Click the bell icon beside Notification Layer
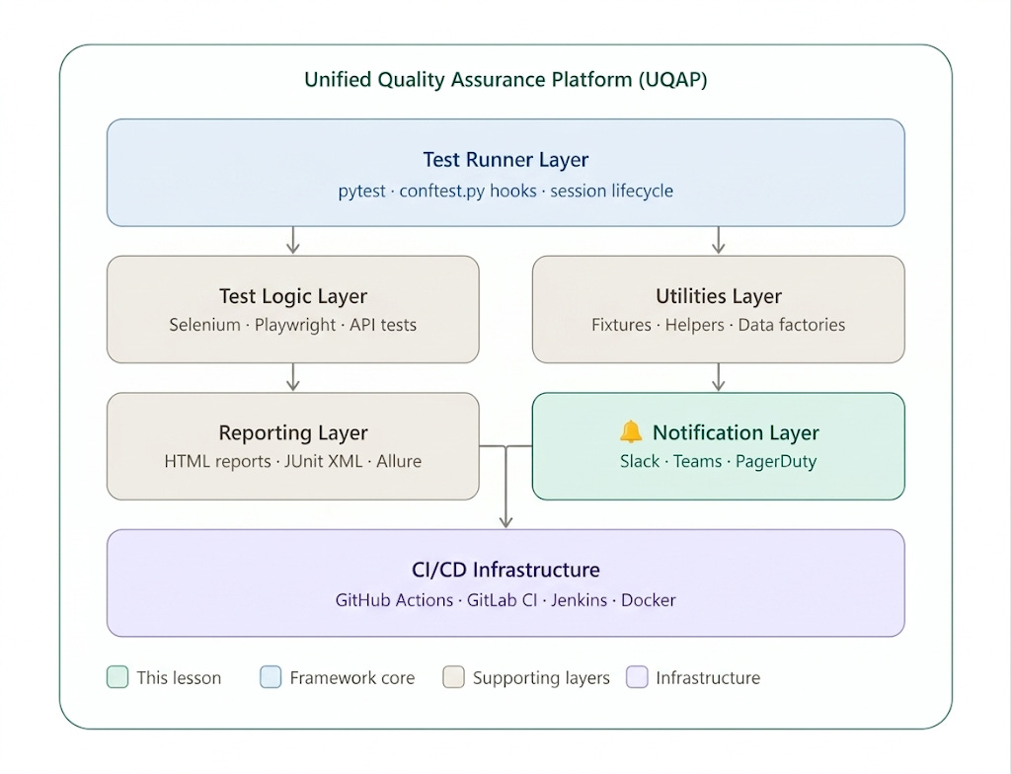coord(631,431)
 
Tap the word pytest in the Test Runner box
coord(361,191)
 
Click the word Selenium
coord(204,325)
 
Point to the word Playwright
coord(294,325)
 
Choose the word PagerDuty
coord(776,461)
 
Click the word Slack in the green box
coord(640,461)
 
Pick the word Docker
coord(648,600)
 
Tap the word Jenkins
coord(579,600)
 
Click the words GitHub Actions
coord(394,600)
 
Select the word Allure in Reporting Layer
coord(399,461)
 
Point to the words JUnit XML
coord(323,461)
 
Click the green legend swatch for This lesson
coord(117,677)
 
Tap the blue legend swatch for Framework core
coord(271,677)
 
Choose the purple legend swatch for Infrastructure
coord(637,677)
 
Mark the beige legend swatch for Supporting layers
coord(454,677)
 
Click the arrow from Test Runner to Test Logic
coord(293,240)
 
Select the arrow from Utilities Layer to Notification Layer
coord(719,377)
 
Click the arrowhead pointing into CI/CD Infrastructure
coord(506,521)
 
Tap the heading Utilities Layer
coord(719,296)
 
